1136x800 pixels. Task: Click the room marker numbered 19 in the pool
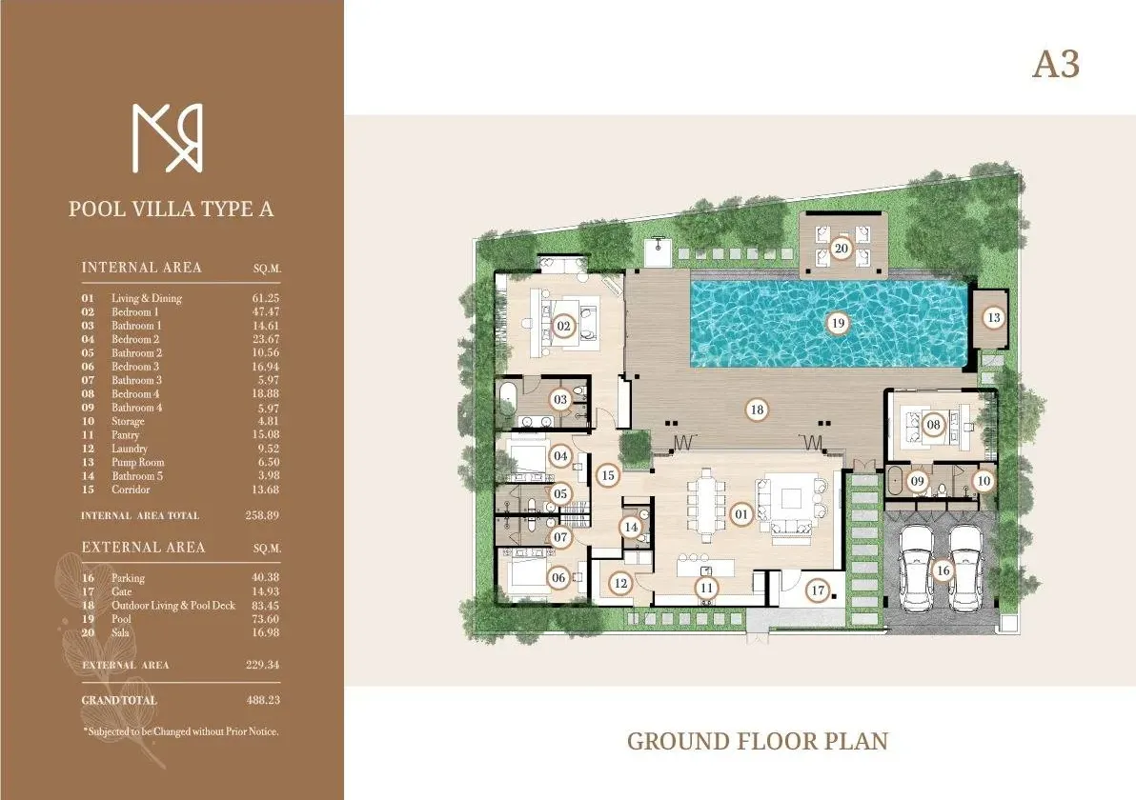click(x=838, y=323)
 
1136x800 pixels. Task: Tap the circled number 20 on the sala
click(x=841, y=249)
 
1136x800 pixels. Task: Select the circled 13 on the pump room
click(x=994, y=317)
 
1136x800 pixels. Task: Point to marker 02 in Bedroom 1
click(x=563, y=327)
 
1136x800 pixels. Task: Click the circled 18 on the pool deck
click(x=757, y=410)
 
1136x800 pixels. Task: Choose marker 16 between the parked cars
click(x=943, y=570)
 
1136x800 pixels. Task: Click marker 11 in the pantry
click(x=705, y=589)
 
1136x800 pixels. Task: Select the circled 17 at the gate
click(x=817, y=590)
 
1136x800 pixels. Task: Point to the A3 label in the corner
click(x=1055, y=66)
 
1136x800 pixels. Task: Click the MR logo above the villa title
click(x=167, y=138)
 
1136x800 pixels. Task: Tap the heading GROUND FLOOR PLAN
click(x=757, y=741)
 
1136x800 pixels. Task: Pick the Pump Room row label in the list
click(x=137, y=462)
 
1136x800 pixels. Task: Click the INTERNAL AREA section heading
click(x=141, y=268)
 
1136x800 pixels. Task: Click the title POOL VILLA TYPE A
click(x=171, y=209)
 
